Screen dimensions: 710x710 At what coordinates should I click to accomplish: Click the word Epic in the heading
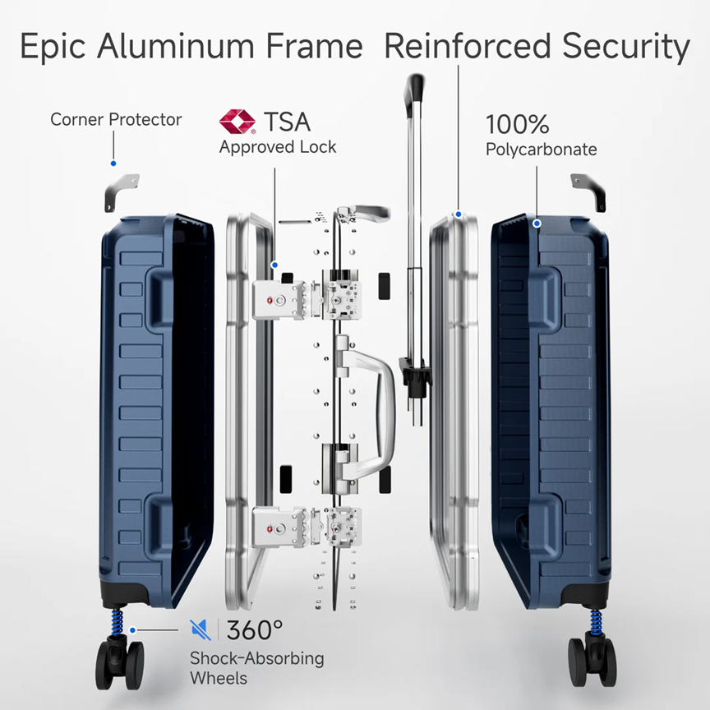[53, 47]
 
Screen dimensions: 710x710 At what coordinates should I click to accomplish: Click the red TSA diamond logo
[237, 122]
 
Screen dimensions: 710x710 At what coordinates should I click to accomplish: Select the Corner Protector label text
[116, 119]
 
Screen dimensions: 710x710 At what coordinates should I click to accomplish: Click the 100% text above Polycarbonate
[518, 124]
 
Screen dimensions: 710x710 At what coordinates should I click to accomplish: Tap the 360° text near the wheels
[255, 629]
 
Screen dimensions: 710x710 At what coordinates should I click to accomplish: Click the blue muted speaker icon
[201, 629]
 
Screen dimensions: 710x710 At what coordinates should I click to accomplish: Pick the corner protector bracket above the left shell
[122, 192]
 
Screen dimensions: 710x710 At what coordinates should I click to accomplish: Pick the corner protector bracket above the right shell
[588, 192]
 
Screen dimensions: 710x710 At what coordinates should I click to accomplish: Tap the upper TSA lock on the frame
[279, 299]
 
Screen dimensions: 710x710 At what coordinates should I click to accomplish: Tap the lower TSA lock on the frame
[279, 527]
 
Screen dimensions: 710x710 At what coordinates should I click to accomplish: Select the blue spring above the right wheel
[597, 622]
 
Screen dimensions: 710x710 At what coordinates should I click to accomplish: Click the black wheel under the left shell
[119, 663]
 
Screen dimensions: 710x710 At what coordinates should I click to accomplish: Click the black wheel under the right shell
[592, 662]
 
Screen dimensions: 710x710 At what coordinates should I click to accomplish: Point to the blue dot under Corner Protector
[113, 164]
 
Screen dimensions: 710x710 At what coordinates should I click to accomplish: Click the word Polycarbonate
[541, 150]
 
